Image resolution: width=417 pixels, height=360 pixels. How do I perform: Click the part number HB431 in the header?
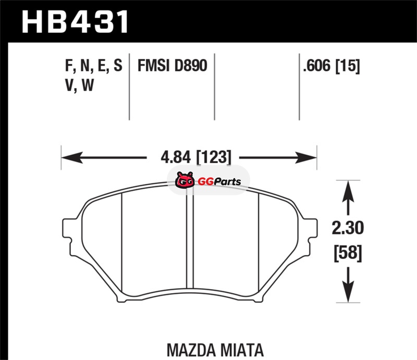tap(75, 22)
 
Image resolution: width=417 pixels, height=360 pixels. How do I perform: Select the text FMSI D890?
tap(172, 66)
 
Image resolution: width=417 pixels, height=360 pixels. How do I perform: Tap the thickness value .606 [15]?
tap(332, 66)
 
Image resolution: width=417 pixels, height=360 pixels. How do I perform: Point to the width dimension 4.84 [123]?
tap(196, 157)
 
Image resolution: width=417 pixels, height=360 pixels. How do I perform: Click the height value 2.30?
tap(348, 228)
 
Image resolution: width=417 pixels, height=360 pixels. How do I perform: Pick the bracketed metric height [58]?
tap(348, 253)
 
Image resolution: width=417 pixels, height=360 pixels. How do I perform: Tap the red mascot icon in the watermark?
tap(185, 180)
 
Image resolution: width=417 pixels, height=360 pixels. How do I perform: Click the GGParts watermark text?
tap(219, 182)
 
